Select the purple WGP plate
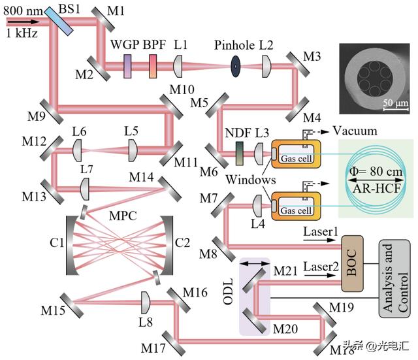pyautogui.click(x=127, y=65)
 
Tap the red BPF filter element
pyautogui.click(x=153, y=65)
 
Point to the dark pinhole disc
pyautogui.click(x=233, y=66)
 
